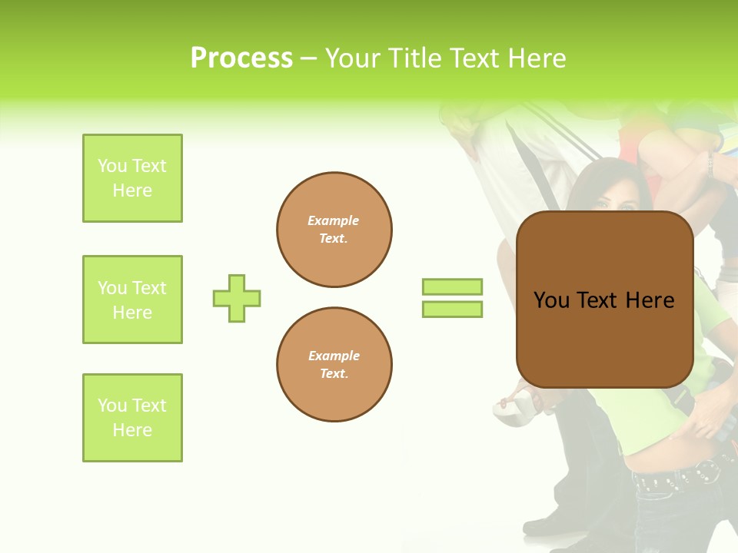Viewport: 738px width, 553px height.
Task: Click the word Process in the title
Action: point(241,58)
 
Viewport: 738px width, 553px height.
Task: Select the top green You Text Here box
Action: point(132,178)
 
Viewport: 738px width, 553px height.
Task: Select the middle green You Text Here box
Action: point(132,300)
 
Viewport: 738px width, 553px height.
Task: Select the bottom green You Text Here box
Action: point(132,418)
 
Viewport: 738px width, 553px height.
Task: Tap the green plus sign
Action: point(237,298)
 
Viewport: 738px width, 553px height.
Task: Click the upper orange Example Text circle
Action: point(334,230)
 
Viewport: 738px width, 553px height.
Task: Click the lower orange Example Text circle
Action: point(334,364)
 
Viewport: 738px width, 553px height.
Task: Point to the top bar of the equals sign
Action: point(452,286)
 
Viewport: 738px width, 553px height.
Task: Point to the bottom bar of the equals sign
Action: point(452,310)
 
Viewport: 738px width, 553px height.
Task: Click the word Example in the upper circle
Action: point(334,221)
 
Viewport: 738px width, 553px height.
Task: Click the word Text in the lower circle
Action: point(334,374)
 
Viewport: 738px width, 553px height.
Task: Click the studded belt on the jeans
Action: point(676,476)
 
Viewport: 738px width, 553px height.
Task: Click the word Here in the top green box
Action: point(132,190)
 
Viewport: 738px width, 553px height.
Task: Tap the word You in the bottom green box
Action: point(112,406)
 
